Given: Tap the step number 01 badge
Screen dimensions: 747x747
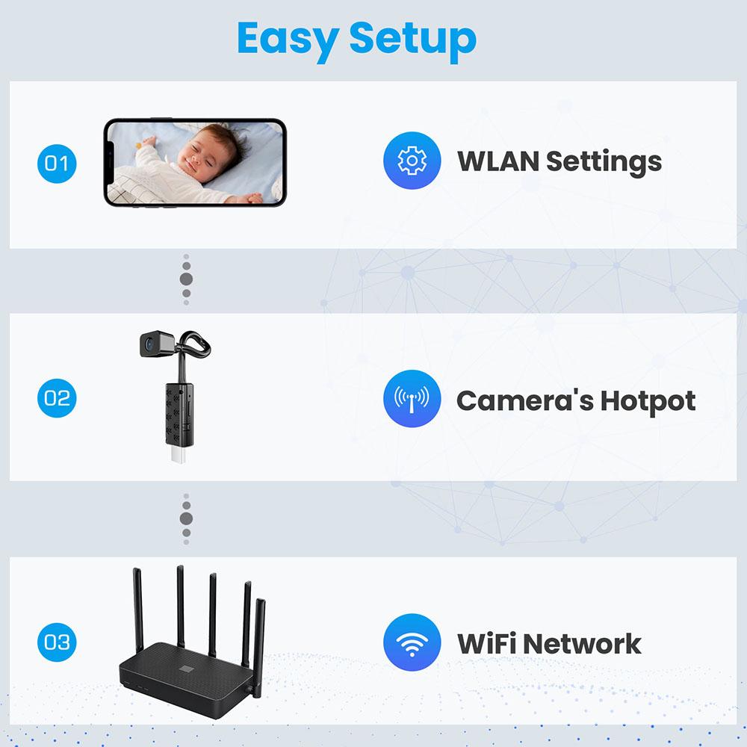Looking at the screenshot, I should [x=56, y=162].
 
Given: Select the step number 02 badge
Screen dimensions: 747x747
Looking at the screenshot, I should [x=56, y=397].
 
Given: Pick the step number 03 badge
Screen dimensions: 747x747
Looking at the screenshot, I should [x=56, y=642].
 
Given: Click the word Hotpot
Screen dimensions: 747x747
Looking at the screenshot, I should [x=648, y=401].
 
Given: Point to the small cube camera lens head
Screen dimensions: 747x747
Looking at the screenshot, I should [x=152, y=345].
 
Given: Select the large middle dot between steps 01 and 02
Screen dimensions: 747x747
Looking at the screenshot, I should [x=186, y=279].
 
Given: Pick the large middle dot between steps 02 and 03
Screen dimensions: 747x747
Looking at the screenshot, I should [x=186, y=518].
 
